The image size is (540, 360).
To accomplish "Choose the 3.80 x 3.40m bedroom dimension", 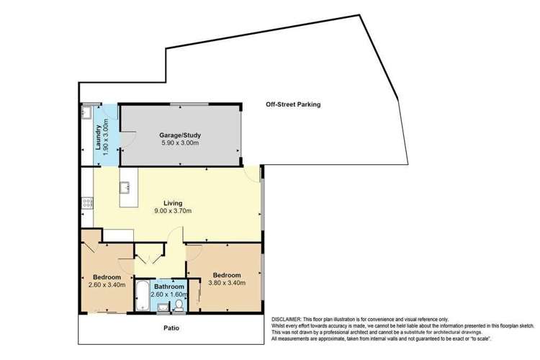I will coord(226,283).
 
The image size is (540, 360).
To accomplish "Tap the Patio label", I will coord(170,328).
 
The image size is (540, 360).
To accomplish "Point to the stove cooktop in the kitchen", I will coord(87,202).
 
